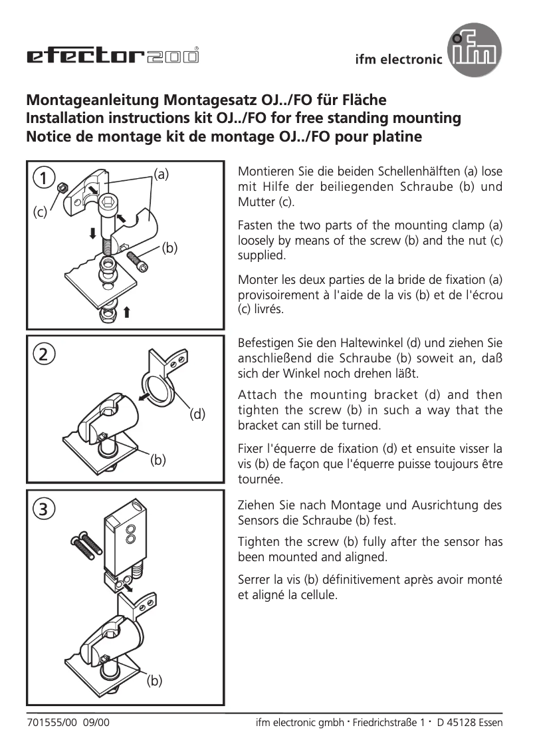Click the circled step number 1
(44, 178)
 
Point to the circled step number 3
(44, 509)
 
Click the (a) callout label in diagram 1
(161, 174)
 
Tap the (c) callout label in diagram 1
(41, 213)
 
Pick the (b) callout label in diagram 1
(170, 248)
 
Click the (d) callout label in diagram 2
(198, 414)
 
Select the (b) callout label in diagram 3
(155, 680)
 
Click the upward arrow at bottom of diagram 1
(126, 311)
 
